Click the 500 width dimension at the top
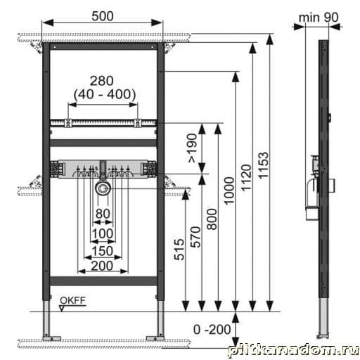pyautogui.click(x=103, y=16)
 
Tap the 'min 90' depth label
pyautogui.click(x=319, y=18)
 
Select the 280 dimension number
pyautogui.click(x=102, y=81)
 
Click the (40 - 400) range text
pyautogui.click(x=105, y=94)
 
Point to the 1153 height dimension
pyautogui.click(x=264, y=165)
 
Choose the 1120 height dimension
pyautogui.click(x=246, y=177)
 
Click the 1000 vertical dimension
pyautogui.click(x=229, y=191)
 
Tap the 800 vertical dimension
pyautogui.click(x=212, y=219)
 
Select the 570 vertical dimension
pyautogui.click(x=195, y=237)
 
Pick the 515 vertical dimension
pyautogui.click(x=179, y=249)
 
